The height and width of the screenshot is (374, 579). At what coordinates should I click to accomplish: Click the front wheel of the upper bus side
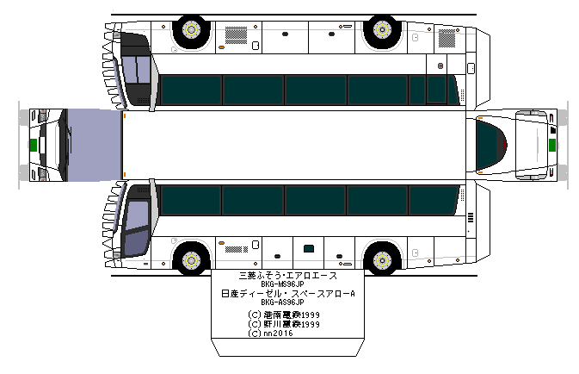click(190, 32)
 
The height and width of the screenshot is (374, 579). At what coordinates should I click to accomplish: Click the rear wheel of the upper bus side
click(380, 32)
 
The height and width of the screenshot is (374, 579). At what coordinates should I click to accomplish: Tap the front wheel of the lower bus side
click(190, 258)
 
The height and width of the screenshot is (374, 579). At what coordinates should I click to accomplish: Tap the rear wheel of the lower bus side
click(380, 258)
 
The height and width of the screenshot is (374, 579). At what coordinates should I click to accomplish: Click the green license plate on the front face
click(34, 145)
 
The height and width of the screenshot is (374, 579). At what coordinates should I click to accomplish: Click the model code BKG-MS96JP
click(282, 285)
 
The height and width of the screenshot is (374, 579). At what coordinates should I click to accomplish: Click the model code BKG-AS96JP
click(282, 302)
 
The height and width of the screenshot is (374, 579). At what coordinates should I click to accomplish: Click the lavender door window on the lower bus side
click(134, 228)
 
